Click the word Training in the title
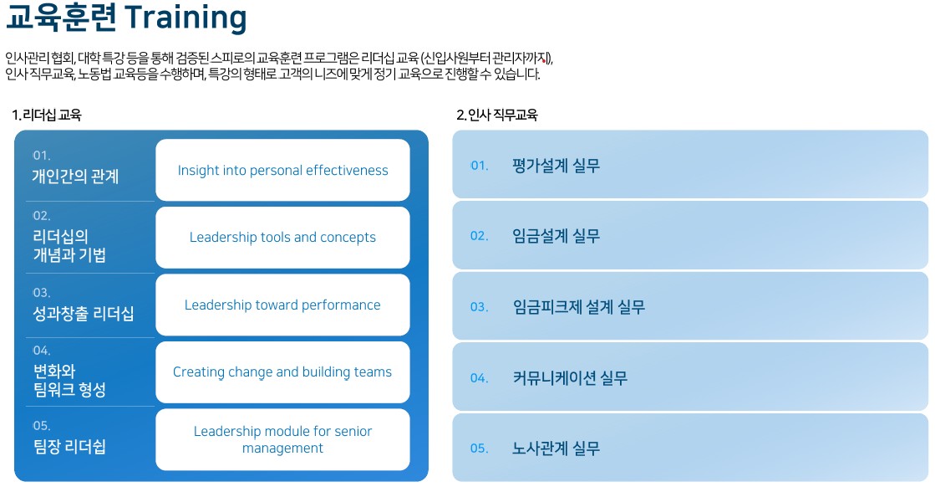coord(186,18)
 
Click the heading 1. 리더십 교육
coord(47,115)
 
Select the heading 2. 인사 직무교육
coord(497,115)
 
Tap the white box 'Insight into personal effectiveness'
coord(282,170)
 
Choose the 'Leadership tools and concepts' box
coord(282,237)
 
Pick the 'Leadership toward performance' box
coord(282,305)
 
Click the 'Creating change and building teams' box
coord(282,372)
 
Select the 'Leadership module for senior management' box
coord(282,439)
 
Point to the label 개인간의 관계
coord(75,177)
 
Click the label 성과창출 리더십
coord(83,314)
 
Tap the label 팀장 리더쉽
coord(69,447)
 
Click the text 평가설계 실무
coord(556,166)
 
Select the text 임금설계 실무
coord(556,236)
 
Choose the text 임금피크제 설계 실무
coord(578,307)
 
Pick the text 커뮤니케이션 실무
coord(570,378)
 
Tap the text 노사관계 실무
coord(556,448)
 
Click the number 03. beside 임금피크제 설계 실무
coord(479,307)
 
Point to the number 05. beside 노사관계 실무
coord(479,448)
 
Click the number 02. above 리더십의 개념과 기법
coord(41,216)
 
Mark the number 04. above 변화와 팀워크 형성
coord(41,351)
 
